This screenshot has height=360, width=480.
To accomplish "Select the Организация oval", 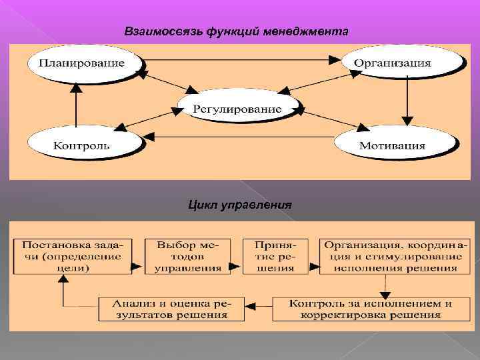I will click(x=401, y=62).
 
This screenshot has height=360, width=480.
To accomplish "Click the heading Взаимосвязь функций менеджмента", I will click(x=236, y=31).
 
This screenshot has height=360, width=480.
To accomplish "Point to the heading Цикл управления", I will click(x=239, y=203).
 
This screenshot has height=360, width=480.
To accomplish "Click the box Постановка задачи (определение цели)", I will click(x=71, y=256).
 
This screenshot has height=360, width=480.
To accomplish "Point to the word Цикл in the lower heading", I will click(x=203, y=203).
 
